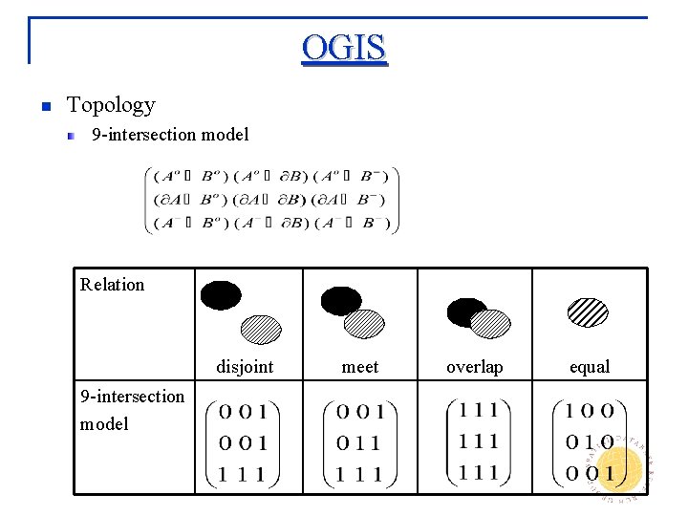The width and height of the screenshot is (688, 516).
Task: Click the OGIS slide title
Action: tap(344, 47)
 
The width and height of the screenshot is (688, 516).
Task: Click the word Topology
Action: tap(111, 105)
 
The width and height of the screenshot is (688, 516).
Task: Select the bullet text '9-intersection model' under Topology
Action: tap(170, 135)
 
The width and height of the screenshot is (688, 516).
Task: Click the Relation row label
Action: tap(113, 284)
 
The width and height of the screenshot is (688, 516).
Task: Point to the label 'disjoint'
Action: tap(245, 367)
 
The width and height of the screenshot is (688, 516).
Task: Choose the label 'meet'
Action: tap(360, 367)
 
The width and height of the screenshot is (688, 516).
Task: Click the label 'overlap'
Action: tap(475, 367)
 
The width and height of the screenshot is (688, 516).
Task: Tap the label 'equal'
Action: tap(590, 367)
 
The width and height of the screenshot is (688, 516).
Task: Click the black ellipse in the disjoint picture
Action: tap(222, 295)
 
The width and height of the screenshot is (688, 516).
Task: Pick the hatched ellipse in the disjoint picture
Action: tap(261, 329)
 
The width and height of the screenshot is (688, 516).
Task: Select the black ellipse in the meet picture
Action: tap(341, 301)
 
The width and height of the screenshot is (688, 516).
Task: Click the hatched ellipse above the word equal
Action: tap(588, 312)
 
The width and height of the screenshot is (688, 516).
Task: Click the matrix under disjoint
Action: tap(248, 442)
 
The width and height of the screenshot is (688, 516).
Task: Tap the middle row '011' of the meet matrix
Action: tap(359, 443)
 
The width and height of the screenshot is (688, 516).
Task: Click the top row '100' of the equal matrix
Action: tap(590, 412)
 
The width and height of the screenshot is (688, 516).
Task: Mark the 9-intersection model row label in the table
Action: tap(132, 409)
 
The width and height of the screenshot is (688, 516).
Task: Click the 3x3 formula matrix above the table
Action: tap(270, 201)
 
